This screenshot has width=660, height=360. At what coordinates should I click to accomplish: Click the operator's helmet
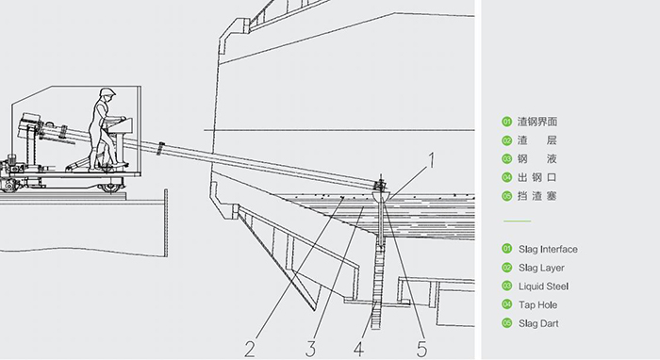tap(107, 92)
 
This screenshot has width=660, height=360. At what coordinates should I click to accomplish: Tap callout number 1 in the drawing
tap(431, 160)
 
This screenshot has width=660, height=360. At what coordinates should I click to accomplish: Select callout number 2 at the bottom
tap(250, 349)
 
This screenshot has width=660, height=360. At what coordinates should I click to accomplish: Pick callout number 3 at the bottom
tap(310, 349)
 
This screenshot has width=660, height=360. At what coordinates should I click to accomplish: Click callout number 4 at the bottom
tap(358, 349)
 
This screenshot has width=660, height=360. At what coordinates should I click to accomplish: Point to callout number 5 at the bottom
tap(421, 349)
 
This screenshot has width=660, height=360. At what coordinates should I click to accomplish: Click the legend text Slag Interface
tap(548, 250)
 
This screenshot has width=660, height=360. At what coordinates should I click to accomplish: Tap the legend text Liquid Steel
tap(543, 286)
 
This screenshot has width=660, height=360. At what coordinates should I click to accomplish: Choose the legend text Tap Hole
tap(537, 305)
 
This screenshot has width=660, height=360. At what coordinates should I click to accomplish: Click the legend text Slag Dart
tap(538, 323)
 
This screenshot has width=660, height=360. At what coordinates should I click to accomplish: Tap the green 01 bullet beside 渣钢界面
tap(507, 122)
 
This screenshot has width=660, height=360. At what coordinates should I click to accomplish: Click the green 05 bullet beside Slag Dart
tap(507, 323)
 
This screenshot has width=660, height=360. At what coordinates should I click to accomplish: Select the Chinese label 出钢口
tap(537, 177)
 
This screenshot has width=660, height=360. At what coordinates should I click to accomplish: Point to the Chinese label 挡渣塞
tap(537, 196)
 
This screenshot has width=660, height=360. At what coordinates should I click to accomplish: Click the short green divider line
tap(517, 221)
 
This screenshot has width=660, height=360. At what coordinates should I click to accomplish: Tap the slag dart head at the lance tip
tap(381, 196)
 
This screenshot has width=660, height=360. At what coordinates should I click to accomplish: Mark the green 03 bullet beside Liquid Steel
tap(507, 286)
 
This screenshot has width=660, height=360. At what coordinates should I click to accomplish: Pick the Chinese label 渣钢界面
tap(537, 122)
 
